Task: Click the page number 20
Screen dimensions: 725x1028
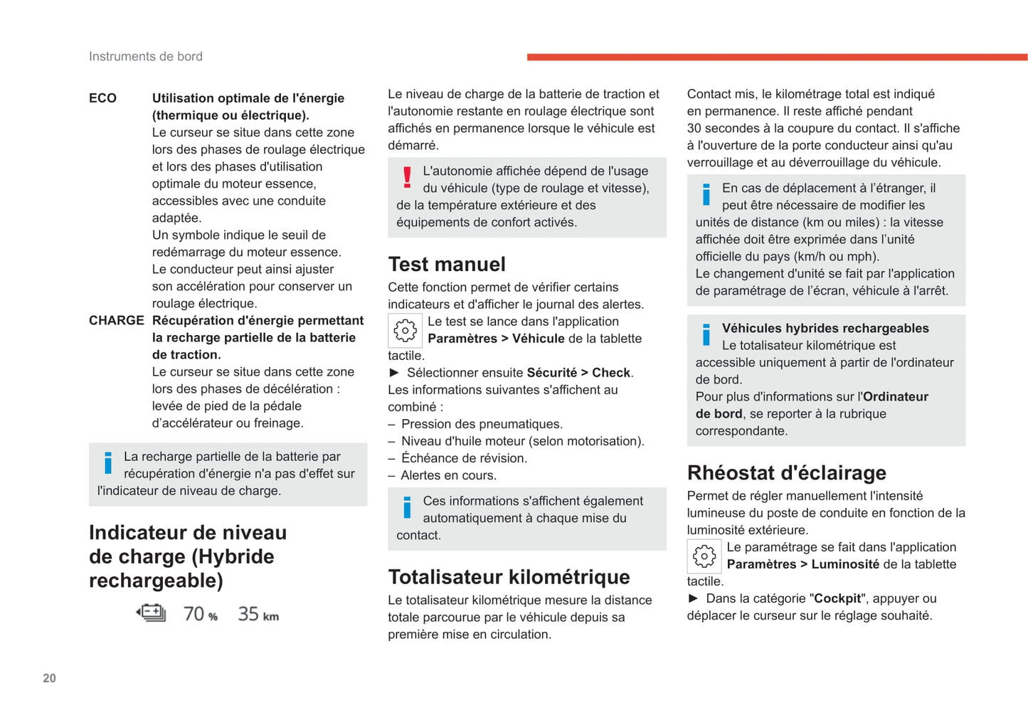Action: tap(49, 678)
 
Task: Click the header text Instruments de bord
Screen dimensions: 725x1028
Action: tap(146, 56)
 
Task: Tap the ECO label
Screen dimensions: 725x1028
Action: tap(102, 98)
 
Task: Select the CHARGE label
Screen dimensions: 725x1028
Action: tap(116, 320)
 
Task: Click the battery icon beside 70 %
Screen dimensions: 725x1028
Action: tap(152, 613)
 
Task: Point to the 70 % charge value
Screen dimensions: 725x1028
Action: tap(200, 613)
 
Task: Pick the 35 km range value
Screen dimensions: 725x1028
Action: tap(258, 613)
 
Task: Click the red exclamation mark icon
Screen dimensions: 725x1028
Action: tap(407, 177)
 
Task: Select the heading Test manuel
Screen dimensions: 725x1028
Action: tap(447, 264)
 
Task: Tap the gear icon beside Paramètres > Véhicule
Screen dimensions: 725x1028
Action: tap(406, 330)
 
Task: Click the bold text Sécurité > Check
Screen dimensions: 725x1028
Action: tap(579, 373)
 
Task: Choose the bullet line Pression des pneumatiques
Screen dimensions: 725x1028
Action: tap(482, 424)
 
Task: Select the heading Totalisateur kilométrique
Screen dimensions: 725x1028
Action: tap(509, 576)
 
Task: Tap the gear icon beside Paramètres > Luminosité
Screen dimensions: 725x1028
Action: tap(704, 556)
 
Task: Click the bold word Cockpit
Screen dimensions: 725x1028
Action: tap(837, 598)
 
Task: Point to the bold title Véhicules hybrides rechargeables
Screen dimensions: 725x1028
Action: tap(825, 328)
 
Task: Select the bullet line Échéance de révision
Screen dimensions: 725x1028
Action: tap(464, 458)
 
